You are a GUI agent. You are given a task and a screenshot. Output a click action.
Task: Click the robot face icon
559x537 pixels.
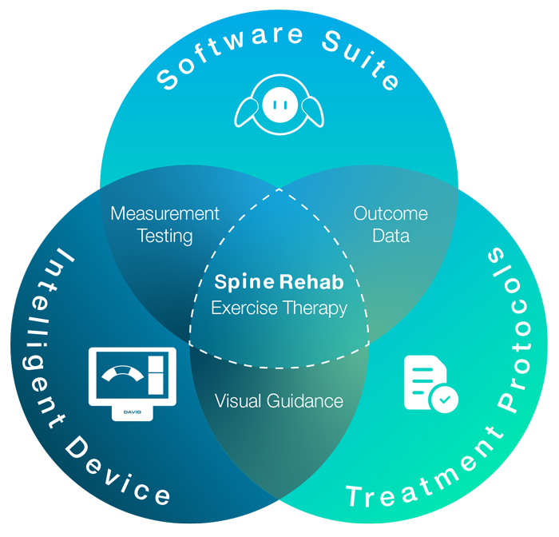click(x=279, y=105)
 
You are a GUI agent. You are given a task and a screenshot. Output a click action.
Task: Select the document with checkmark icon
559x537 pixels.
click(x=428, y=384)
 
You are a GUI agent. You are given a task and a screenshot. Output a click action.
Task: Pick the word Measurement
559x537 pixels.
click(x=165, y=214)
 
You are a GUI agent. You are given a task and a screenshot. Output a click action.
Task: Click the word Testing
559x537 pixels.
click(x=165, y=236)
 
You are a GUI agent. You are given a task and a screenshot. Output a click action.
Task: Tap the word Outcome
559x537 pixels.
click(x=391, y=214)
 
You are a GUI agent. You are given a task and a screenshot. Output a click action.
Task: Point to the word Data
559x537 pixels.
click(x=391, y=236)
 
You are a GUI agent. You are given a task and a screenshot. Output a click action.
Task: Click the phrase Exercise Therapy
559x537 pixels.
click(x=279, y=308)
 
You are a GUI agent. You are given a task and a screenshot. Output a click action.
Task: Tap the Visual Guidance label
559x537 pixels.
click(x=279, y=400)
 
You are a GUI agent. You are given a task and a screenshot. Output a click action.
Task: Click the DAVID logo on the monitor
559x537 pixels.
click(x=132, y=412)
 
